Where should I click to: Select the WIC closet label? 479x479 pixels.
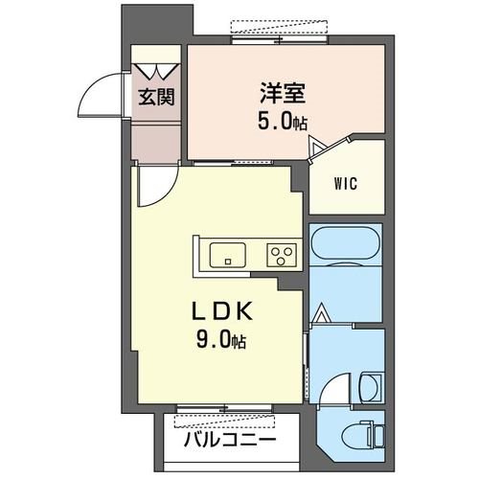346,184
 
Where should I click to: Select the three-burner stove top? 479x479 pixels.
282,255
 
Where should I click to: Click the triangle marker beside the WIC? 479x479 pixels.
318,146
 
